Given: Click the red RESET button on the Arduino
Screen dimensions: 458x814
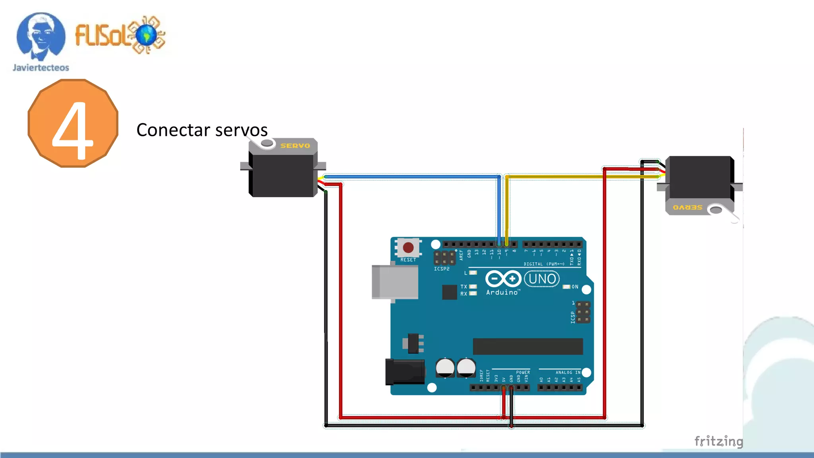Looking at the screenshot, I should (x=408, y=248).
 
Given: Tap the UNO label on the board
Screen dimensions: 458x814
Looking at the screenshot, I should (x=542, y=279).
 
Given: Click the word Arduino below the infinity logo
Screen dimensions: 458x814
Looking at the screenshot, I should (x=502, y=293).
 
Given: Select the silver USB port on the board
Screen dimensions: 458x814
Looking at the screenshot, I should (x=395, y=281).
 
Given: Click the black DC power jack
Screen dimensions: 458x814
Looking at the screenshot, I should (x=405, y=372).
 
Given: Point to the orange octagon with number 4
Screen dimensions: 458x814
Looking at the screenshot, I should (x=73, y=123).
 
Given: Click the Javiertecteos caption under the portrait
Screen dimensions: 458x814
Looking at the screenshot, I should (x=41, y=68).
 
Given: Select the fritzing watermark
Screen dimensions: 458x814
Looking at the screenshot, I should (x=718, y=441).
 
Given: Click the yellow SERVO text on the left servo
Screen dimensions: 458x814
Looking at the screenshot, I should (x=295, y=146).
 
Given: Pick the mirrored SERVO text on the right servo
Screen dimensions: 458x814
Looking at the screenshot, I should (x=687, y=208).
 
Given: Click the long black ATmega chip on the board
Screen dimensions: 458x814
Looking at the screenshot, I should (x=527, y=346).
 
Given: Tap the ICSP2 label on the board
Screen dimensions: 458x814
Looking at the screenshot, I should (x=442, y=269).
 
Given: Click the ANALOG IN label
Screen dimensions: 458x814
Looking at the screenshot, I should (x=568, y=373).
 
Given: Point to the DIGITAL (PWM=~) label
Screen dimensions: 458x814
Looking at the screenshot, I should (x=544, y=264).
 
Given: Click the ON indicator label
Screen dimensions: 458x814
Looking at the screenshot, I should (x=575, y=287).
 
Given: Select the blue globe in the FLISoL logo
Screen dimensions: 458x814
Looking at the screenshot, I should (x=146, y=35).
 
